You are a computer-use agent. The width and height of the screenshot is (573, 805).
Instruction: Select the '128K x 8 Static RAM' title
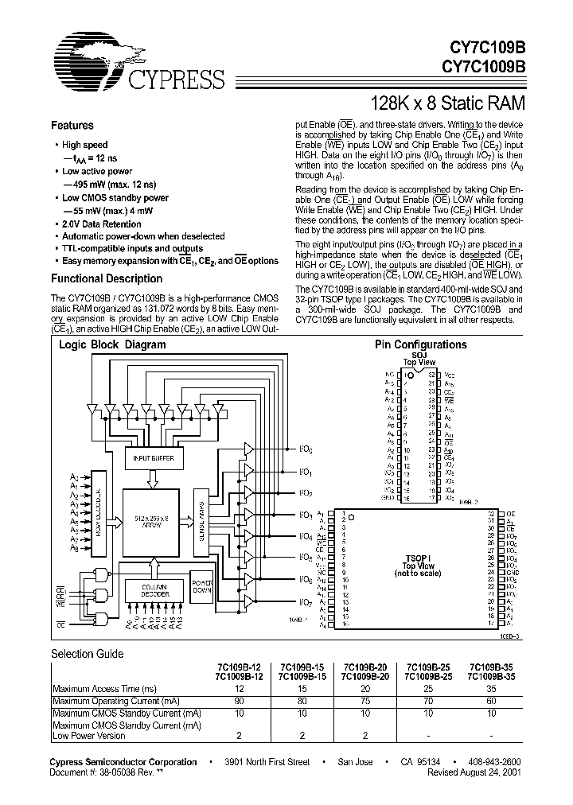click(449, 103)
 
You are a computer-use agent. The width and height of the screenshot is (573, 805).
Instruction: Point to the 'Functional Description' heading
click(107, 278)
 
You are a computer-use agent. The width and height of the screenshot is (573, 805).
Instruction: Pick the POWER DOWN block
click(203, 585)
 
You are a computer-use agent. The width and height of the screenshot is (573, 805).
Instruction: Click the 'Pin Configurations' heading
click(420, 344)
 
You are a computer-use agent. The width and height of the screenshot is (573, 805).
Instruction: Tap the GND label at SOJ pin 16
click(389, 498)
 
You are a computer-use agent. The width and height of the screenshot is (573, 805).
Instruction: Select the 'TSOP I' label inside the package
click(419, 558)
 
